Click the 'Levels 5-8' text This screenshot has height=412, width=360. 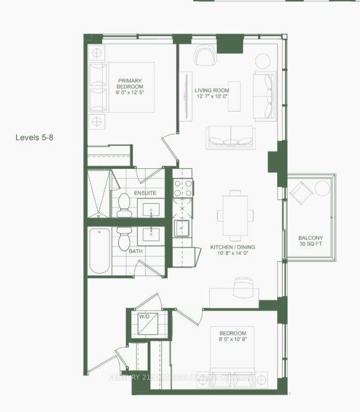tap(34, 137)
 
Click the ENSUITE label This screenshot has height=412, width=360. tap(145, 193)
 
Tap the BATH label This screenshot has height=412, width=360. tap(135, 252)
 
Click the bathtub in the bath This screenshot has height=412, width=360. tap(100, 251)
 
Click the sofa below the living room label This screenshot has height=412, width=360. tap(230, 137)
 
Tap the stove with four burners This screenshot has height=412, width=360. tap(183, 188)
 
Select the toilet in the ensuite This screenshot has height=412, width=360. tap(123, 204)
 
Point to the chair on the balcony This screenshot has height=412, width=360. tap(302, 193)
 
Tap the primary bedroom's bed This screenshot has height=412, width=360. tap(125, 87)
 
